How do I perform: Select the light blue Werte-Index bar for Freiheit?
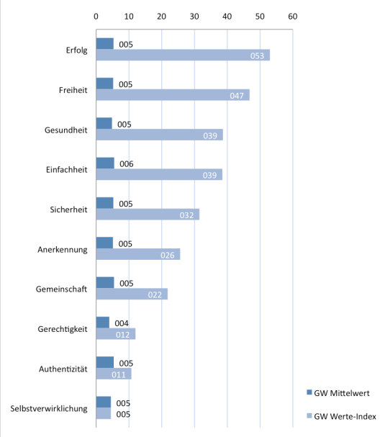pos(173,95)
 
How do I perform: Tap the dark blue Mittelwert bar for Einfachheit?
pos(105,163)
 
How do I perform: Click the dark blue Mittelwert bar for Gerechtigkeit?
pos(103,323)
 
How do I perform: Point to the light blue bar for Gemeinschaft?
pos(132,294)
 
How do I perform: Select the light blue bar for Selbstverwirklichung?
pos(104,414)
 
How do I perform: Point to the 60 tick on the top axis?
pos(292,15)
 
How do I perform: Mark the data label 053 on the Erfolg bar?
pos(256,56)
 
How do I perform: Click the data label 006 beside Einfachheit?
pos(127,164)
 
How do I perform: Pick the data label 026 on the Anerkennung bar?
pos(166,255)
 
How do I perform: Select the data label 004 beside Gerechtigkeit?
pos(122,323)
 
